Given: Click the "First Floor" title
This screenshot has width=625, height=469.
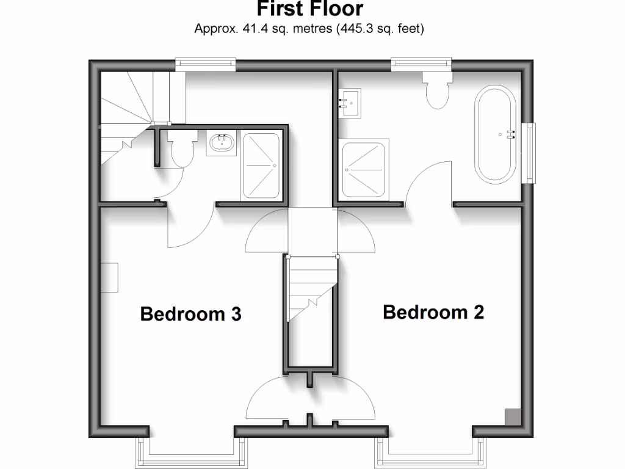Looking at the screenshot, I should [x=309, y=9].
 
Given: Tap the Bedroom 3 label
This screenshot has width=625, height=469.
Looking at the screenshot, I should [x=190, y=314].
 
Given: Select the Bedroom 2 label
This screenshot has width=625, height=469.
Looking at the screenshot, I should [x=433, y=312].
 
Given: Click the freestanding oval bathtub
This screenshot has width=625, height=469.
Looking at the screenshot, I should [x=496, y=136].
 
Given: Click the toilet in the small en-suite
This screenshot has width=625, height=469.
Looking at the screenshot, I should [x=182, y=150].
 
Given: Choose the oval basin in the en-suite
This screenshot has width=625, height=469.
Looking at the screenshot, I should [x=222, y=144].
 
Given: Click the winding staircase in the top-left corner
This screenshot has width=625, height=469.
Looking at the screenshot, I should [x=128, y=116].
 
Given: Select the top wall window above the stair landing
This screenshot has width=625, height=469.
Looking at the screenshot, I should [x=205, y=64].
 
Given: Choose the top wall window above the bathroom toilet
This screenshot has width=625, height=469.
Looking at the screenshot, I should [x=421, y=64].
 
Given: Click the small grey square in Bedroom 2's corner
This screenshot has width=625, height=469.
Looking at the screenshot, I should [x=511, y=416].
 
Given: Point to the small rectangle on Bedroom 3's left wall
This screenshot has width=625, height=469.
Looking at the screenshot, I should [x=110, y=278].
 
